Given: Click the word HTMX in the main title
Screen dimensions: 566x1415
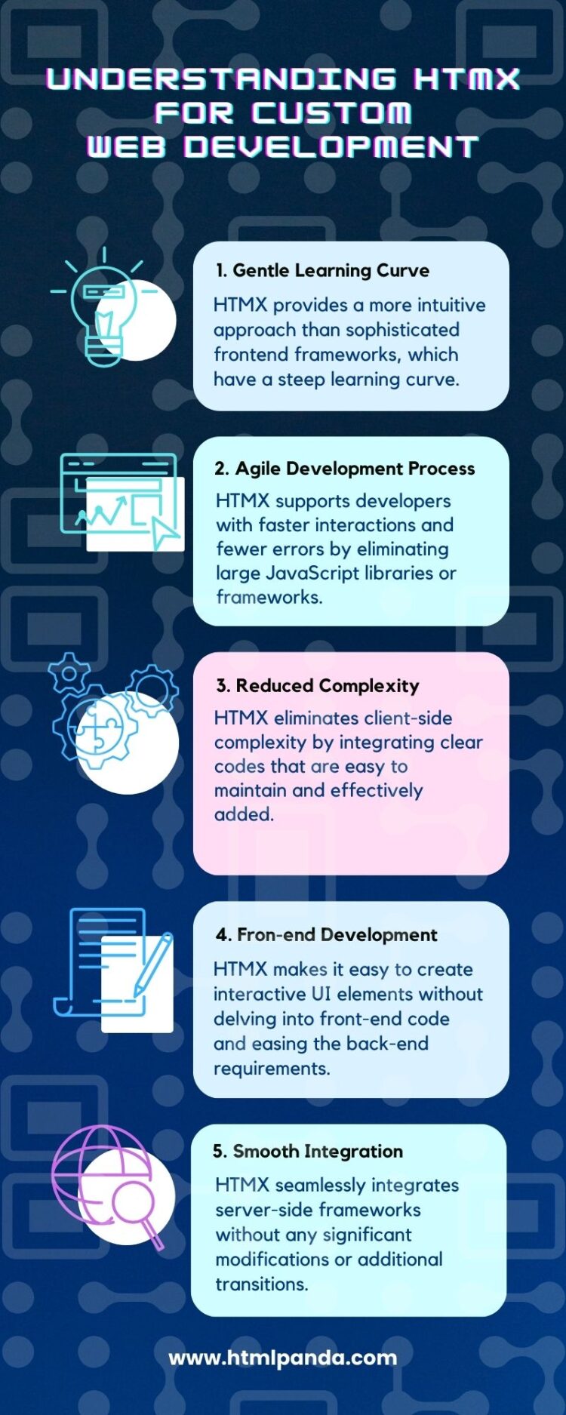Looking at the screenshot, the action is click(x=466, y=78).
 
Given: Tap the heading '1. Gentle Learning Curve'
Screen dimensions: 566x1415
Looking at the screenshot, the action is click(x=322, y=270).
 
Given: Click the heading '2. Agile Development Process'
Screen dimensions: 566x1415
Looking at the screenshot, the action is click(x=345, y=469).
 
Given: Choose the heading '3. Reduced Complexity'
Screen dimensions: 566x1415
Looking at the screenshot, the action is click(x=318, y=685).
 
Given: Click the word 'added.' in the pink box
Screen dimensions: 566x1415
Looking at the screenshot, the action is click(x=244, y=814).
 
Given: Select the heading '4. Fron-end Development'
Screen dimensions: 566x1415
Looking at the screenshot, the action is click(x=327, y=935).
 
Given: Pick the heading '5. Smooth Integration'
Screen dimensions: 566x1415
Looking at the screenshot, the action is click(x=308, y=1151).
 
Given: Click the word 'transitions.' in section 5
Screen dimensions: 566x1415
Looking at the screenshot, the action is click(x=262, y=1284).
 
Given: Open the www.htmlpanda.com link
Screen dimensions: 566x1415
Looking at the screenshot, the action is click(x=283, y=1358).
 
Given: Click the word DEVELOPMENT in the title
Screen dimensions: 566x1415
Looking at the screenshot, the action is click(x=331, y=146).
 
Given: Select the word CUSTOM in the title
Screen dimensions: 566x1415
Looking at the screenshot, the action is click(x=331, y=112).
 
